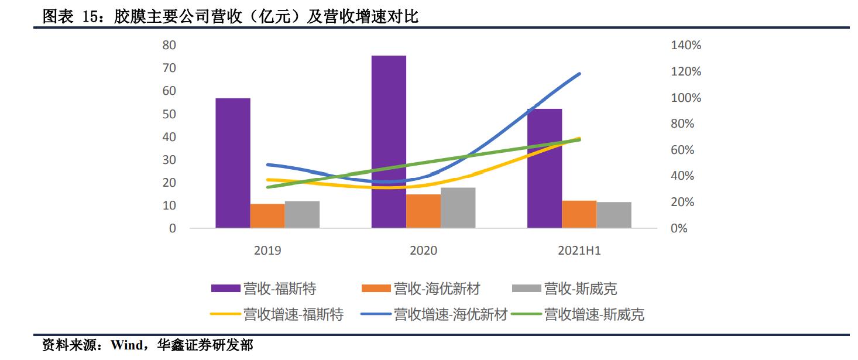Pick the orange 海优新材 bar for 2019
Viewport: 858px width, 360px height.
pyautogui.click(x=267, y=215)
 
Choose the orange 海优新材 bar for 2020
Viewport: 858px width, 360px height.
pyautogui.click(x=423, y=211)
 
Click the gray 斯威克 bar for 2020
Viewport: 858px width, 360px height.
pyautogui.click(x=458, y=207)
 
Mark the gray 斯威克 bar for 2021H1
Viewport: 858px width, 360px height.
pyautogui.click(x=614, y=214)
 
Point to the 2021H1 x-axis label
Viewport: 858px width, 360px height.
pyautogui.click(x=579, y=251)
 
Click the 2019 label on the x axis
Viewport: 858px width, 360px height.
pyautogui.click(x=267, y=251)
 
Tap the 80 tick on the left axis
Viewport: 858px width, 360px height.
pyautogui.click(x=169, y=45)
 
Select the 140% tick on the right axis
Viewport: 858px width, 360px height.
pyautogui.click(x=686, y=45)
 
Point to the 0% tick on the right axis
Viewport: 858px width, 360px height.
pyautogui.click(x=679, y=228)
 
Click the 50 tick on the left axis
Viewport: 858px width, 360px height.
pyautogui.click(x=169, y=114)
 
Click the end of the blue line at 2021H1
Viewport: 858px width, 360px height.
pyautogui.click(x=579, y=74)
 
